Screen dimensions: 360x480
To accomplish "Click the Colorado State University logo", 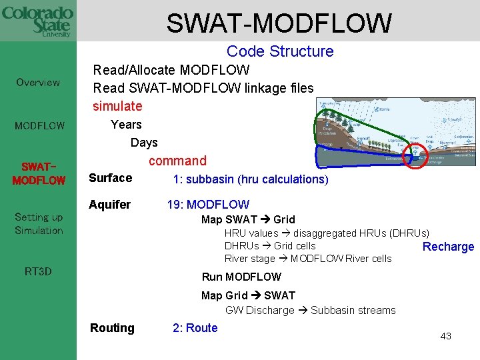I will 38,21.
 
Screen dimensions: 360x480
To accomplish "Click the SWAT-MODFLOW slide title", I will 279,23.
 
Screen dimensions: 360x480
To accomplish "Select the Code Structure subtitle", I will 280,51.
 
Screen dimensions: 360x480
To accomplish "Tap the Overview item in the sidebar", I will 38,83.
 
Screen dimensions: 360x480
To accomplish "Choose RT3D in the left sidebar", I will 38,271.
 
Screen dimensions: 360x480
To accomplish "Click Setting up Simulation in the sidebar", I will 39,223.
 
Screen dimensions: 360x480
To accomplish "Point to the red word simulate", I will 117,106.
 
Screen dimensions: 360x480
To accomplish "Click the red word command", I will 177,161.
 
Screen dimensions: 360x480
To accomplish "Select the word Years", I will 126,125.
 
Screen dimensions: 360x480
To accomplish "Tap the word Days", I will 144,143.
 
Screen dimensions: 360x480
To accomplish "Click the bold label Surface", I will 110,178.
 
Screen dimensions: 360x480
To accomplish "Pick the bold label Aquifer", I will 109,205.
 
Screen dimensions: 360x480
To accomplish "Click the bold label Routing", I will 112,328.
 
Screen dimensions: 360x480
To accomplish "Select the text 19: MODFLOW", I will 208,205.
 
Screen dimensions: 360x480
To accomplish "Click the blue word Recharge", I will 448,247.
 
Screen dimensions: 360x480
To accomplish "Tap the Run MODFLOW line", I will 241,277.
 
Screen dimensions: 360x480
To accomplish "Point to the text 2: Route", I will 195,328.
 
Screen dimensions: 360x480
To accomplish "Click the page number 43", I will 446,336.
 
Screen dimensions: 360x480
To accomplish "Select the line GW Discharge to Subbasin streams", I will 310,310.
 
